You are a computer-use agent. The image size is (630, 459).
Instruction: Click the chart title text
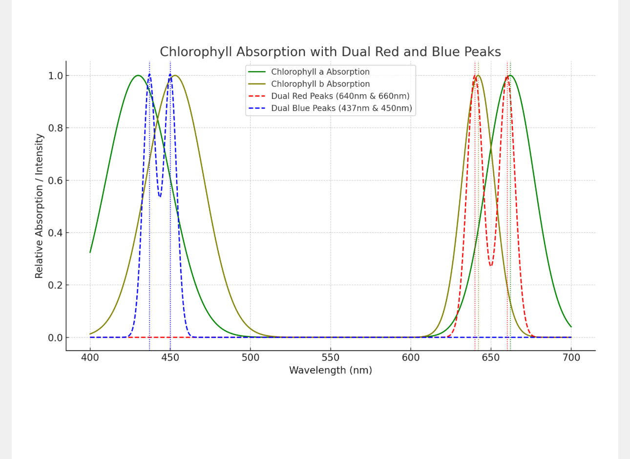330,52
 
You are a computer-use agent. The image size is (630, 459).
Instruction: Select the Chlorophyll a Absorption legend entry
320,72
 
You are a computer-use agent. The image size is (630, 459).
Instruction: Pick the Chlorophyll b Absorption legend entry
320,84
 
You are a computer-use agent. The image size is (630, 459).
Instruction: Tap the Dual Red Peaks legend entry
340,96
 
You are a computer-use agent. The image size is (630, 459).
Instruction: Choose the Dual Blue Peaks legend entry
341,108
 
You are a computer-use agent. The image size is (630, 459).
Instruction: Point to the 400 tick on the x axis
90,358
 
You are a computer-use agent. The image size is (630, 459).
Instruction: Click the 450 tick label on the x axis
170,358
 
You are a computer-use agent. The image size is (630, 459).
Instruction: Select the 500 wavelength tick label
250,358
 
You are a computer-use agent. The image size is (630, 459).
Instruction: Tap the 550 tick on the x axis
331,358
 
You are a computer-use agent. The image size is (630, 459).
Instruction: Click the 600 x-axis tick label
411,358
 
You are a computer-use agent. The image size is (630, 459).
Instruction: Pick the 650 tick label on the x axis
491,358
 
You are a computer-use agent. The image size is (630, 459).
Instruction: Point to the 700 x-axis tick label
571,358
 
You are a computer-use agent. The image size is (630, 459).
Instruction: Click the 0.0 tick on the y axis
55,338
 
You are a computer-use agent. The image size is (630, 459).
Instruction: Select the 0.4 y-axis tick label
55,233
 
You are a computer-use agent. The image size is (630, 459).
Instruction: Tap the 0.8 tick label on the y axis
55,128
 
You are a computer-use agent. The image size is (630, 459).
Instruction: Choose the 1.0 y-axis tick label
55,76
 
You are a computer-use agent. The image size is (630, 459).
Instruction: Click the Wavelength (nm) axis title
330,371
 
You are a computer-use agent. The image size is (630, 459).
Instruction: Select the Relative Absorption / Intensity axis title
39,206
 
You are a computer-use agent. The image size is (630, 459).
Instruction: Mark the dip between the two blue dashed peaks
160,196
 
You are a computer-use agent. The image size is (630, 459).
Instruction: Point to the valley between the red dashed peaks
491,266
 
